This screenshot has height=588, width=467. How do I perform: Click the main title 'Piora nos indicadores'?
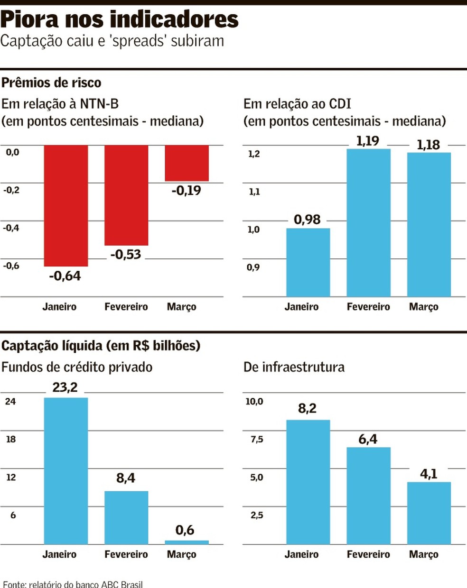[119, 19]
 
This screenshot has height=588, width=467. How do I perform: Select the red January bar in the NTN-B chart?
[66, 205]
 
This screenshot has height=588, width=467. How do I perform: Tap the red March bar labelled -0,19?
[187, 163]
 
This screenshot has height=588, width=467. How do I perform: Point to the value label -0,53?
[126, 255]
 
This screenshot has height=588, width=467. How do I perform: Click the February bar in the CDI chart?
[368, 223]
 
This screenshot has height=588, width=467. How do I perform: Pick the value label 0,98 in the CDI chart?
[307, 220]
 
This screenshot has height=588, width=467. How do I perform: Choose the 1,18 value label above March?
[428, 145]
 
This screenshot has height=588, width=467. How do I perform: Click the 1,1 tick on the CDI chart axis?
[254, 192]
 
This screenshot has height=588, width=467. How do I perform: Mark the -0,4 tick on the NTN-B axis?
[11, 228]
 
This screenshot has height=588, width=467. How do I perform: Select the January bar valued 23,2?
[66, 470]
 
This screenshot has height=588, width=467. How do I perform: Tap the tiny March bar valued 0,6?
[187, 542]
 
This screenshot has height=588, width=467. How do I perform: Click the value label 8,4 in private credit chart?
[126, 478]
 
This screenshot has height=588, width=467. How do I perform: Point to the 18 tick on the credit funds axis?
[11, 439]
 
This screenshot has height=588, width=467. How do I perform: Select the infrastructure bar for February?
[368, 496]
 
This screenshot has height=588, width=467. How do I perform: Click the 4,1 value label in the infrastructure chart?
[429, 474]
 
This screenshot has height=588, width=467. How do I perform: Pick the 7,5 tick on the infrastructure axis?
[256, 439]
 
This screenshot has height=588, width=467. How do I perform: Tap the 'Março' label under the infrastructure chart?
[423, 554]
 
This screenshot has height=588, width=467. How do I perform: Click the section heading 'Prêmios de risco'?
[51, 83]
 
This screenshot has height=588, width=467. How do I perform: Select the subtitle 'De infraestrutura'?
[294, 367]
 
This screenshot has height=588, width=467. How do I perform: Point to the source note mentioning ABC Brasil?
[73, 584]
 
